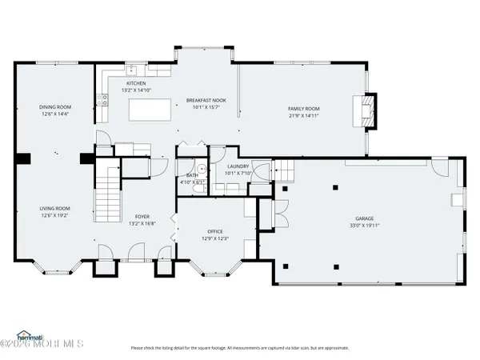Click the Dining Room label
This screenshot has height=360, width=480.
(x=55, y=107)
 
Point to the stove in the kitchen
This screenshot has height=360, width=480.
(x=102, y=100)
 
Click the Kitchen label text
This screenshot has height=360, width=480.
(x=136, y=83)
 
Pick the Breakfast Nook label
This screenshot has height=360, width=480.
(x=206, y=100)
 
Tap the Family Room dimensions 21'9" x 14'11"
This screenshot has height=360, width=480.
(x=304, y=115)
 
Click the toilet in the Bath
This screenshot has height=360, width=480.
(x=202, y=170)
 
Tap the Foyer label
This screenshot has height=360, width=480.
(x=142, y=216)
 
